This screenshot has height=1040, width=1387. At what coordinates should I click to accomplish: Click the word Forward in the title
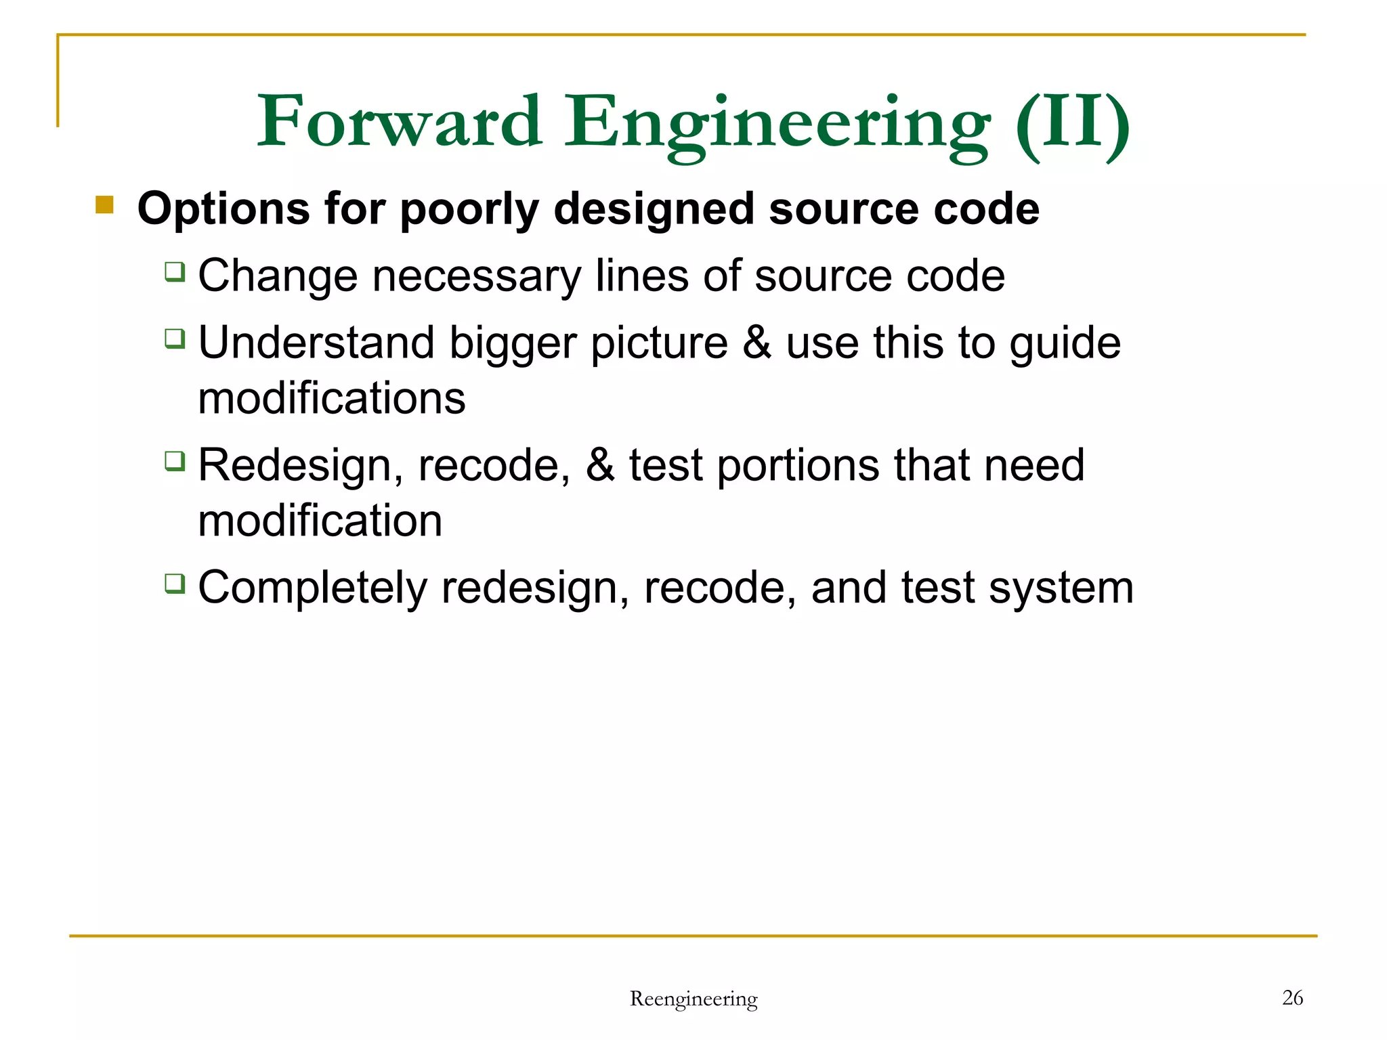(400, 122)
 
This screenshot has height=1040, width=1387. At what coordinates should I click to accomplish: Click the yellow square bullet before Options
(104, 204)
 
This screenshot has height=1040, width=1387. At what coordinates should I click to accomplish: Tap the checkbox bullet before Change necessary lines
(175, 272)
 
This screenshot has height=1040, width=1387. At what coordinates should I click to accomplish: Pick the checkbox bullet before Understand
(175, 338)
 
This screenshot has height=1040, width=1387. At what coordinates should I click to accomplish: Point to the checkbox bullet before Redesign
(175, 461)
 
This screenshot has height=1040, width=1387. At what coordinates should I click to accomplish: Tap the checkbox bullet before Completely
(175, 583)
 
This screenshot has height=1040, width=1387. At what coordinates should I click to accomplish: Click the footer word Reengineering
(693, 999)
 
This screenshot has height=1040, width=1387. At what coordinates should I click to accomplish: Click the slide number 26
(1292, 997)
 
